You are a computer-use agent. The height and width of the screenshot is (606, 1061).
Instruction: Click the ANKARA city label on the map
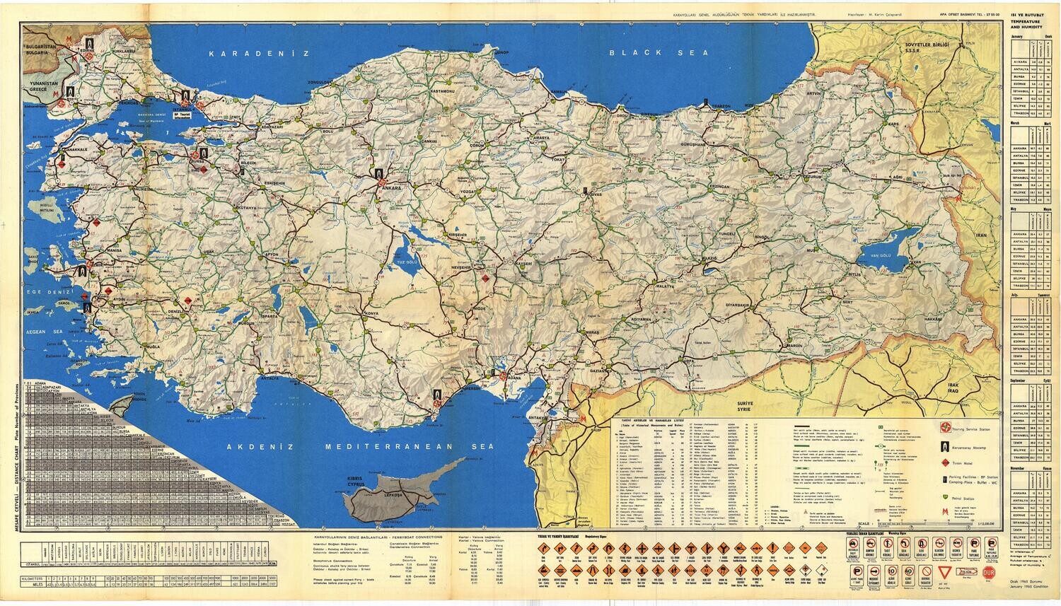point(391,189)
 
